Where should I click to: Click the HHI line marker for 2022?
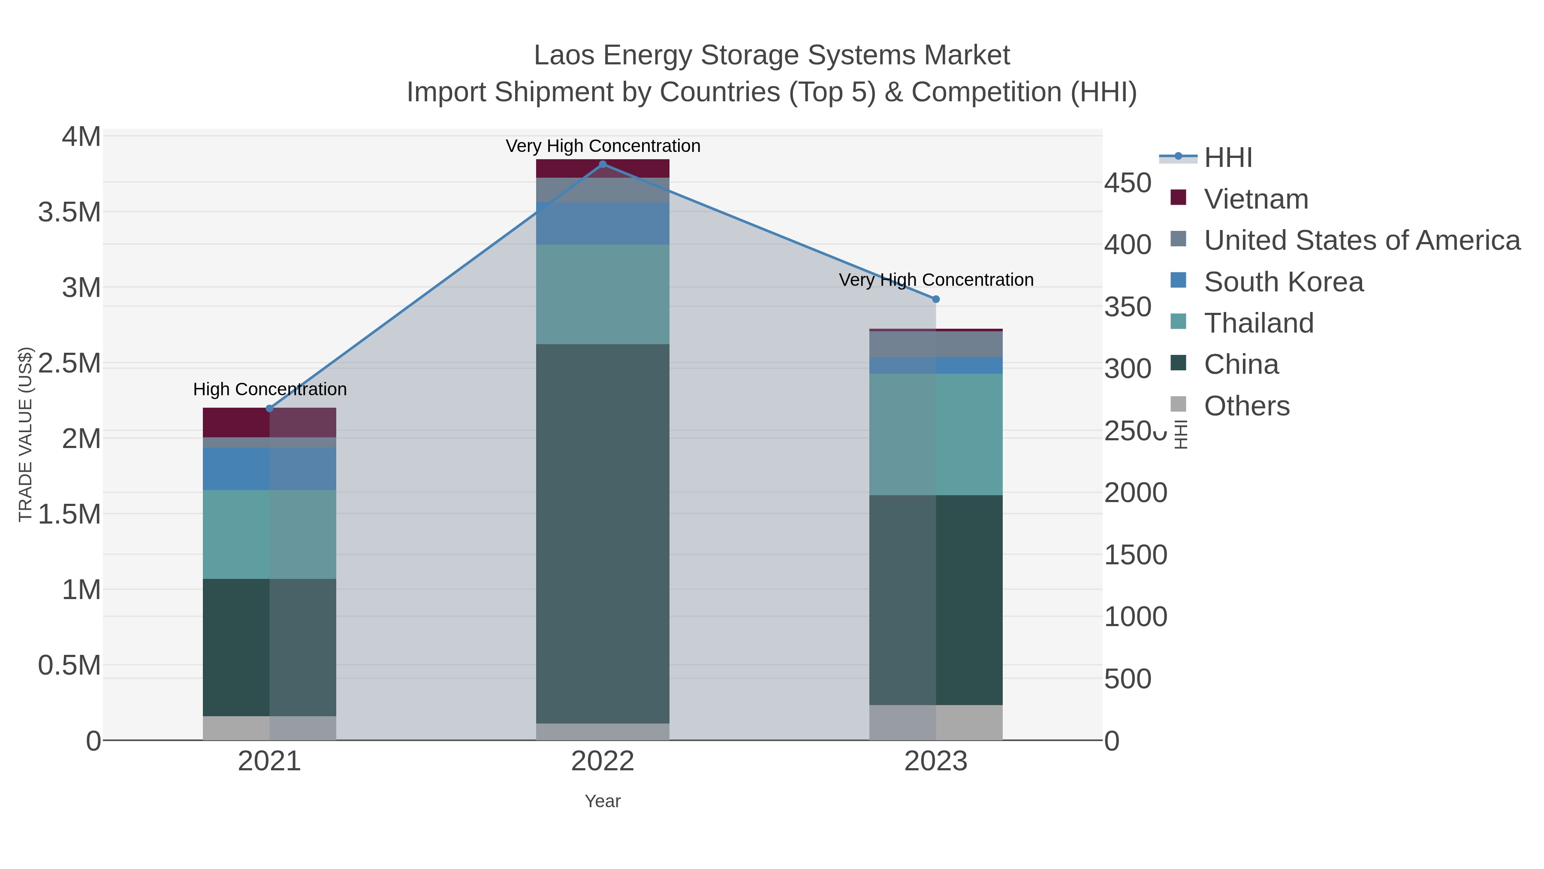coord(603,164)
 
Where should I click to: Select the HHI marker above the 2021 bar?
coord(269,409)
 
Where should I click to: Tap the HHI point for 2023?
coord(936,299)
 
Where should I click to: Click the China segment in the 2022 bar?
coord(603,534)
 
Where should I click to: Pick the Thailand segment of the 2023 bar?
coord(936,434)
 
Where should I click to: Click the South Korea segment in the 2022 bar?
coord(603,223)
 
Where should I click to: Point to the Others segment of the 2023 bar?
coord(936,722)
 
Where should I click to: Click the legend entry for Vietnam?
coord(1256,199)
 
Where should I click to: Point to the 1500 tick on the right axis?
coord(1135,555)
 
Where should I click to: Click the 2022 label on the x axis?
coord(603,762)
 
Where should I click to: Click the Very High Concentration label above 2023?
coord(936,280)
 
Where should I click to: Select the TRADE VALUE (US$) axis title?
coord(25,434)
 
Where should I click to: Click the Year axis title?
coord(603,801)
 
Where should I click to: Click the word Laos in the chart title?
coord(564,55)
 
